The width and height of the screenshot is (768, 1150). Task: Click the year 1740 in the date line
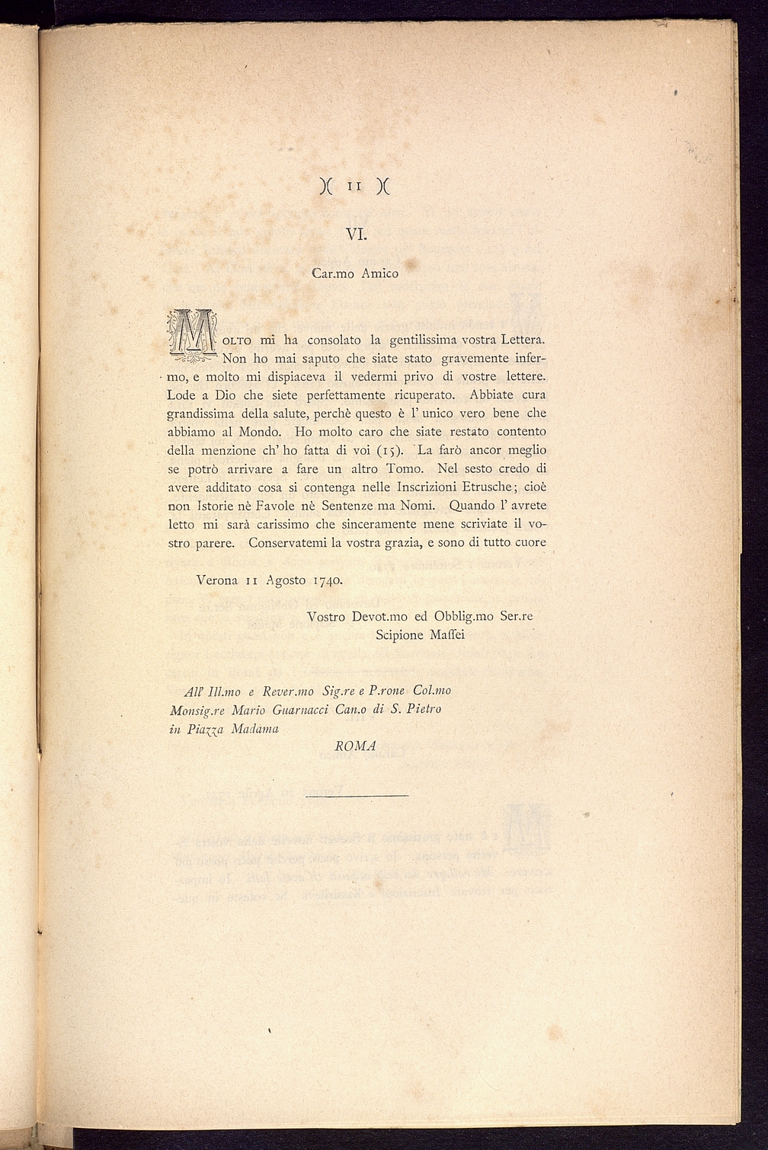coord(327,580)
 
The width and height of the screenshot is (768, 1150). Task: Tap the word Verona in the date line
coord(217,580)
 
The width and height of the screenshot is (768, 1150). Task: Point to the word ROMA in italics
coord(355,746)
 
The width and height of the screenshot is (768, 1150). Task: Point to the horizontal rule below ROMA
coord(356,796)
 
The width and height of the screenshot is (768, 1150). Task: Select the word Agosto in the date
coord(286,580)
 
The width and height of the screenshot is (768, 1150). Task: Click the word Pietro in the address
coord(421,710)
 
